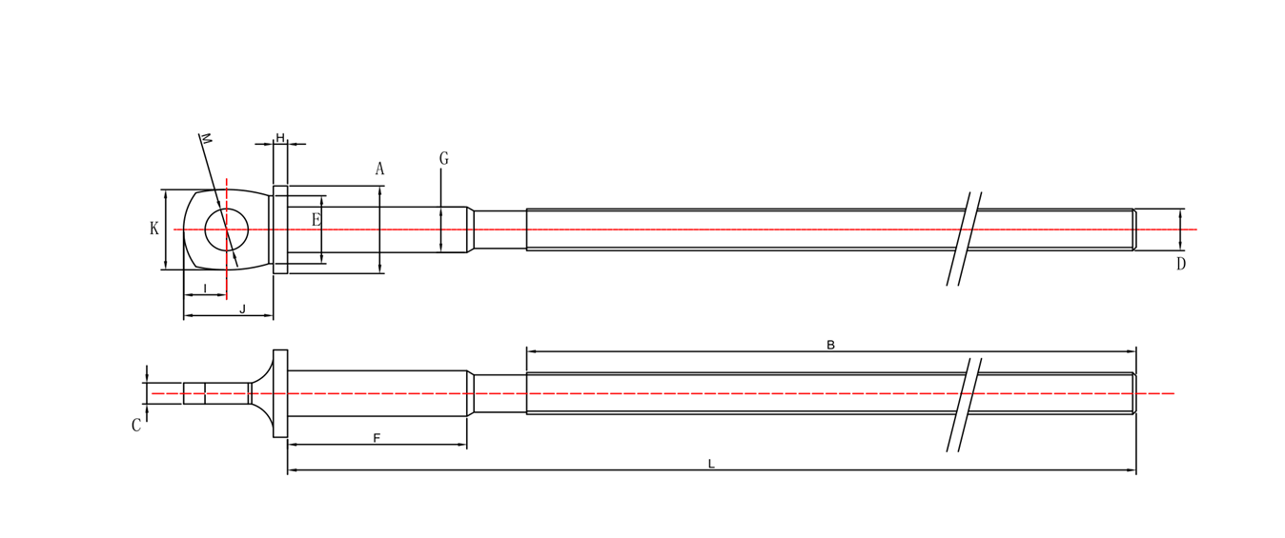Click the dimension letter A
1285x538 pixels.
pyautogui.click(x=379, y=169)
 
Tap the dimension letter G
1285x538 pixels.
pyautogui.click(x=443, y=159)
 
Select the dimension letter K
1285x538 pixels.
pyautogui.click(x=154, y=229)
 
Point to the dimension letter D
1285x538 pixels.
pyautogui.click(x=1180, y=265)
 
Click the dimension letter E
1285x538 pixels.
pyautogui.click(x=316, y=221)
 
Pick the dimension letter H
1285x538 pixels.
pyautogui.click(x=280, y=138)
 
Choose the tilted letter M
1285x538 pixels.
pyautogui.click(x=205, y=139)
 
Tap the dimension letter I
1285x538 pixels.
pyautogui.click(x=205, y=289)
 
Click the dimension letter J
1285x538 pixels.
pyautogui.click(x=242, y=309)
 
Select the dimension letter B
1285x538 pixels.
pyautogui.click(x=830, y=345)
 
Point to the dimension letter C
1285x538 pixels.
pyautogui.click(x=136, y=426)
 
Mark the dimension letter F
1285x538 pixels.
pyautogui.click(x=377, y=438)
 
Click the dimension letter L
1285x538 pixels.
pyautogui.click(x=711, y=464)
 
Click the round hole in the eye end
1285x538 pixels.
pyautogui.click(x=227, y=229)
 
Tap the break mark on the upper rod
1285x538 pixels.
pyautogui.click(x=964, y=238)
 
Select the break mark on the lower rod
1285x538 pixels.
pyautogui.click(x=964, y=405)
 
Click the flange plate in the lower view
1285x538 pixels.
pyautogui.click(x=280, y=393)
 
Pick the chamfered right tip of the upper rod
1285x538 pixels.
pyautogui.click(x=1133, y=229)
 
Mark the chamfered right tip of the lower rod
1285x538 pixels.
pyautogui.click(x=1133, y=393)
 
